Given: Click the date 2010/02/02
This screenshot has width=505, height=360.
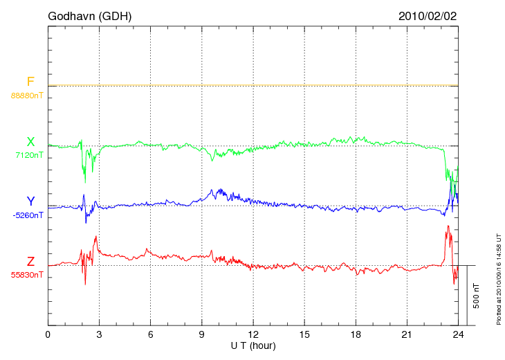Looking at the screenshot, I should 428,16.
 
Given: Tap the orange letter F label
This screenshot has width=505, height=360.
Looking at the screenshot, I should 30,82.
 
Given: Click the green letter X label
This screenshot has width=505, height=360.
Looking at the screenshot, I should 30,142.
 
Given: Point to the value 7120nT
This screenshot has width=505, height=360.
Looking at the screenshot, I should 29,155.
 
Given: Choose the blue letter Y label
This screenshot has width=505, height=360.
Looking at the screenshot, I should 30,201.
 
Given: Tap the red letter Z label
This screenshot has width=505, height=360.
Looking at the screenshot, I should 30,262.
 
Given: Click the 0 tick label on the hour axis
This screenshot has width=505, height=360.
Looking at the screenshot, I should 48,335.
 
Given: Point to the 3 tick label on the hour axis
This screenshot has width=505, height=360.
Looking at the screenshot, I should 99,335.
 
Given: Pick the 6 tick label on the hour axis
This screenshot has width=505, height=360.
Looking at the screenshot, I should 150,335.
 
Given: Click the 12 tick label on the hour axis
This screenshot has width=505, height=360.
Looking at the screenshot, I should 253,335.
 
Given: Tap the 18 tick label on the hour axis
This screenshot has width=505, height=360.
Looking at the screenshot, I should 356,335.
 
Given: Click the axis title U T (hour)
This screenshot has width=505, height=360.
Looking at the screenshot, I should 253,345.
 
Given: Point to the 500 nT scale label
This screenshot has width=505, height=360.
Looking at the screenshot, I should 477,296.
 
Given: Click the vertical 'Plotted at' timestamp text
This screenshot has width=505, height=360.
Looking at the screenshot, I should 499,276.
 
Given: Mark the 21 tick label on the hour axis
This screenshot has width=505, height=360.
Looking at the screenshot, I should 407,335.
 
